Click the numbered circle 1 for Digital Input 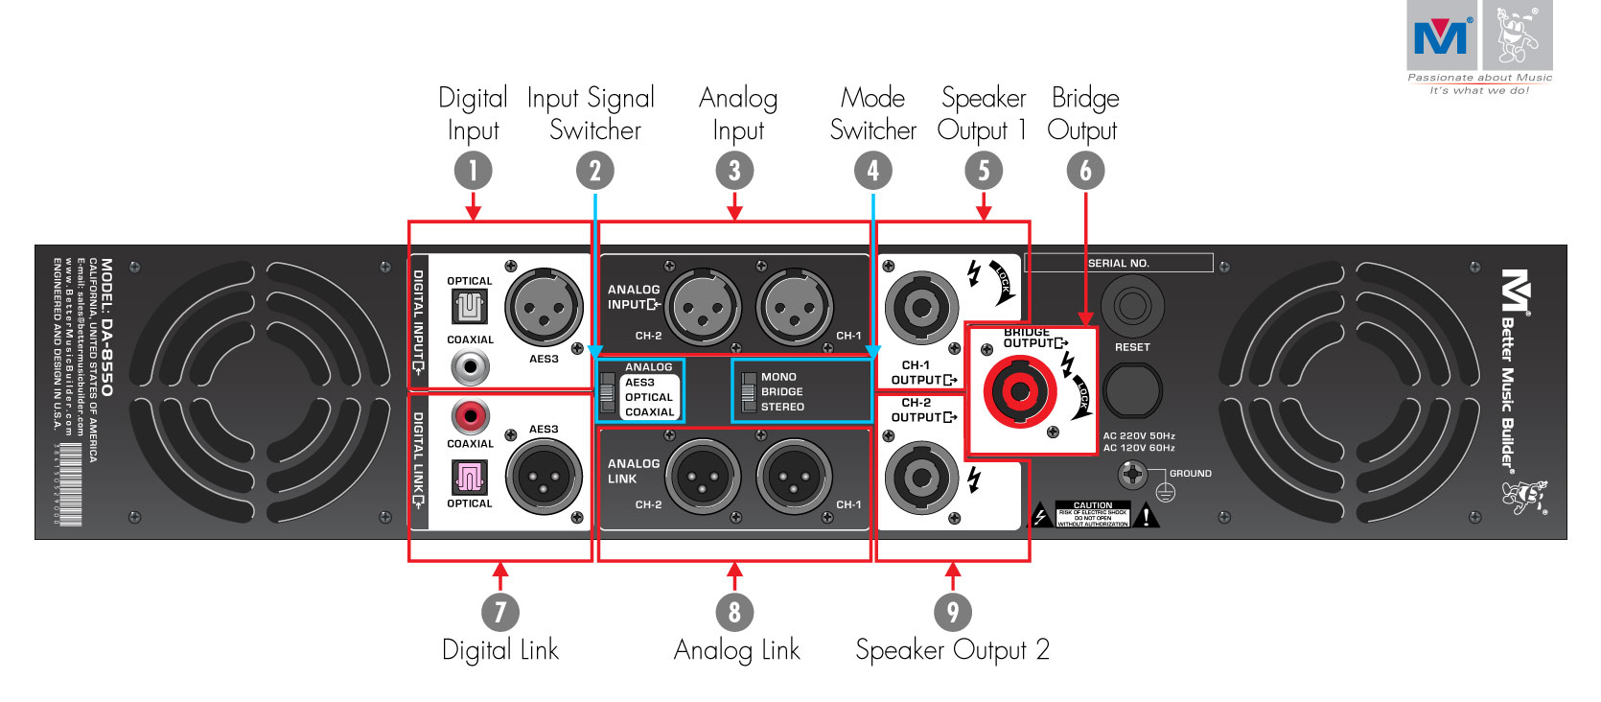(473, 171)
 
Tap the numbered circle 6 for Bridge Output (1085, 171)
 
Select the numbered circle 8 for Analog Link (734, 612)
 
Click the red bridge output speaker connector (1019, 390)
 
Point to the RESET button (1132, 306)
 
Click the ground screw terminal (1132, 474)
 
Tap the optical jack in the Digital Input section (470, 307)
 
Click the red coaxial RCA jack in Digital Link (470, 416)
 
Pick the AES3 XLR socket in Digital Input (544, 307)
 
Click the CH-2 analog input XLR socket (703, 308)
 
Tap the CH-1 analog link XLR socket (795, 477)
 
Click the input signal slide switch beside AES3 (607, 391)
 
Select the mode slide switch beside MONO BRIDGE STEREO (749, 391)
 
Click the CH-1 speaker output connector (921, 308)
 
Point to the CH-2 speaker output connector (921, 477)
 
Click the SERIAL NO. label (1118, 263)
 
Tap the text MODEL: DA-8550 (106, 327)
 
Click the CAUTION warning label (1092, 514)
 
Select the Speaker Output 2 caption (952, 650)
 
